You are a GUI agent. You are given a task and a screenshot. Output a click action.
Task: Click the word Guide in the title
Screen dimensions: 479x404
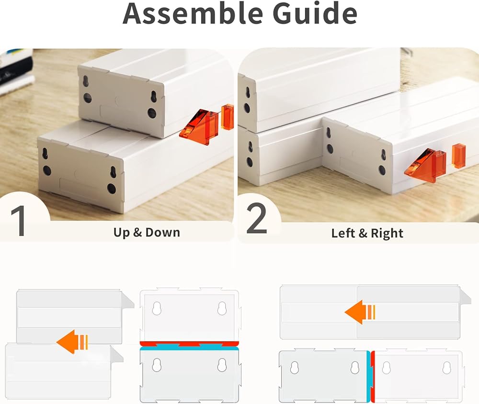click(x=315, y=13)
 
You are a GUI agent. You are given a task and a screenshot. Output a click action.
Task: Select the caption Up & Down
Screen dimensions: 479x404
click(x=147, y=232)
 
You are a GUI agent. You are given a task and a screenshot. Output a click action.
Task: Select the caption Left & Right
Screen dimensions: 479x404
click(x=367, y=233)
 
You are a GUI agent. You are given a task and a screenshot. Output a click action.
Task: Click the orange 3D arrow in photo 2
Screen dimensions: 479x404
click(x=425, y=166)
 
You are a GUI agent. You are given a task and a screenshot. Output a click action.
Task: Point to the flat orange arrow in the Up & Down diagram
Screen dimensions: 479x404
click(x=72, y=342)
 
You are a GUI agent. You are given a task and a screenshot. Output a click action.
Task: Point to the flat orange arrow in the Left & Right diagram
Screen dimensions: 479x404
click(x=360, y=312)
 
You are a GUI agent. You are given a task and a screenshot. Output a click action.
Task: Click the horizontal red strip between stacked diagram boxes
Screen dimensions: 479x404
click(x=189, y=344)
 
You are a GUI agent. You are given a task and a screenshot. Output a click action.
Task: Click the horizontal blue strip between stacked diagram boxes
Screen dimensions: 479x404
click(x=189, y=348)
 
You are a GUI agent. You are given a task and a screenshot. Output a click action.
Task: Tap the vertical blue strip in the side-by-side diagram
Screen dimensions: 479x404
click(x=369, y=376)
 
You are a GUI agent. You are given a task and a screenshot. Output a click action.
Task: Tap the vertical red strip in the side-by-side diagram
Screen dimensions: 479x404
click(x=373, y=376)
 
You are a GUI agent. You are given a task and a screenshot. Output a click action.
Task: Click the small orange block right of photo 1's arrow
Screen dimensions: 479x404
click(x=227, y=117)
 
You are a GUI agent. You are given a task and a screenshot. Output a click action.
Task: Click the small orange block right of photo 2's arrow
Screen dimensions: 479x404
click(x=458, y=156)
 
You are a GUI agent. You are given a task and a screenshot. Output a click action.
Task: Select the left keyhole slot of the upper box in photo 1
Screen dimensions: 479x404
click(x=85, y=80)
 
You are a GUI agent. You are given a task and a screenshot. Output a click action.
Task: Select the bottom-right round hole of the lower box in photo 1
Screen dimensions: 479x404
click(x=111, y=188)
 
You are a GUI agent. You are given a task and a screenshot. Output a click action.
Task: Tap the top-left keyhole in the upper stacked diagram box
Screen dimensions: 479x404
click(x=157, y=308)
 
